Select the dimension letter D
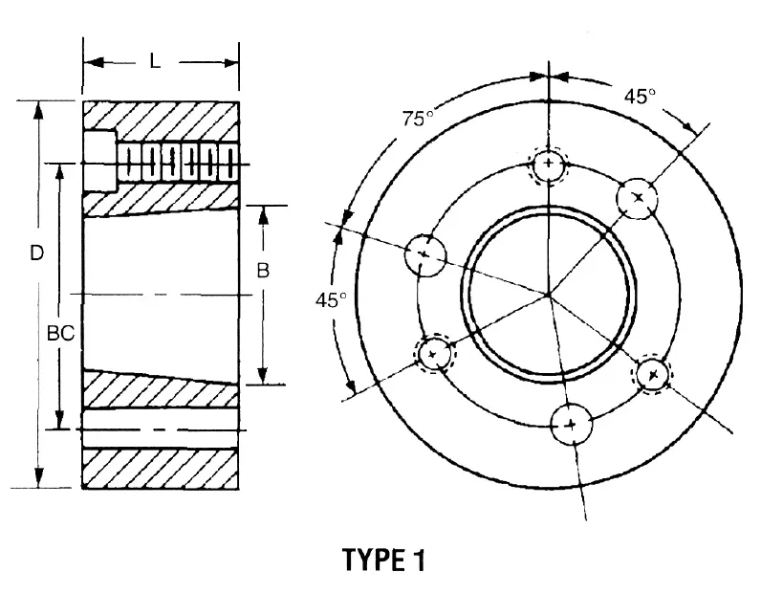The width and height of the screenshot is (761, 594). point(36,253)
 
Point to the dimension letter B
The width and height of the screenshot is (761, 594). point(263,271)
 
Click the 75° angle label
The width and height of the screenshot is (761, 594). point(417,119)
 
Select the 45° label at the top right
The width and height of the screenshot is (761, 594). point(640,97)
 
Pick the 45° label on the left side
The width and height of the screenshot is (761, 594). point(331,299)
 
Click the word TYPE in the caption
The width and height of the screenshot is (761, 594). point(376,561)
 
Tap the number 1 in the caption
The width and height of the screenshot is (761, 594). point(418,561)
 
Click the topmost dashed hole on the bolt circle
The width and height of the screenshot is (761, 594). point(549,165)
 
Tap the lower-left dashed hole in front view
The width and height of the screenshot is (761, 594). point(434,353)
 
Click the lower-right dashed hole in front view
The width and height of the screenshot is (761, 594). point(653,373)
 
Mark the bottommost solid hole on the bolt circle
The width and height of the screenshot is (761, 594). point(571,423)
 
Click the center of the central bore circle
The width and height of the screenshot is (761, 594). point(549,293)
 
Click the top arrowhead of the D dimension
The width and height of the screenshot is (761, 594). point(38,105)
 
